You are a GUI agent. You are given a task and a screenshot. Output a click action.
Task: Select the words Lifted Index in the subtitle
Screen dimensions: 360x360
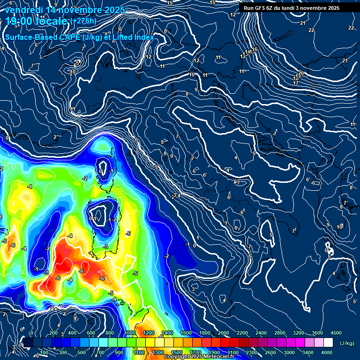(x=133, y=37)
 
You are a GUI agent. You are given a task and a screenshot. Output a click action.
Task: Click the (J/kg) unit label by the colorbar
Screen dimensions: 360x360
(x=346, y=344)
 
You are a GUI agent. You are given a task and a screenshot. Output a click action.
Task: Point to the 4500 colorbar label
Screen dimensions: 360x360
(x=336, y=333)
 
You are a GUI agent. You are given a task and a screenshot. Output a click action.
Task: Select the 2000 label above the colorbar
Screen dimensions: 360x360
(x=223, y=333)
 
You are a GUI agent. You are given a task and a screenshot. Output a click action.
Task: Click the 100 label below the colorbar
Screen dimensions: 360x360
(x=44, y=352)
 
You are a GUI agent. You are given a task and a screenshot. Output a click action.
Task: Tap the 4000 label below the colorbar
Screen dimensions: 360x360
(x=327, y=352)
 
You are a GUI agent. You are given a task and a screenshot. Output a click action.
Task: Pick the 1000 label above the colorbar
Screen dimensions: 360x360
(x=130, y=333)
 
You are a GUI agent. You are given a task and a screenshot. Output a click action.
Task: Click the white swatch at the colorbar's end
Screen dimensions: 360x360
(x=328, y=343)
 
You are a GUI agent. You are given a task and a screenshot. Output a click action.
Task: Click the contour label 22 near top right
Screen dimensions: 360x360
(x=311, y=30)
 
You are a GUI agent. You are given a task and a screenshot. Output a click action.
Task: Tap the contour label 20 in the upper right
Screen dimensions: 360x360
(x=301, y=73)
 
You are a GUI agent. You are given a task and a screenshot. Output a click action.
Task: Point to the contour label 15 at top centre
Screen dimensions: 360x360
(x=170, y=3)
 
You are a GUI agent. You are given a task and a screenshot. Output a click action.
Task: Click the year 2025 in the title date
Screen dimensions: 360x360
(x=114, y=10)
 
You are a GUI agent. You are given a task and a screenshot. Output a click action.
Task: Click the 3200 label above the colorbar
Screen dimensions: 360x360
(x=298, y=333)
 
